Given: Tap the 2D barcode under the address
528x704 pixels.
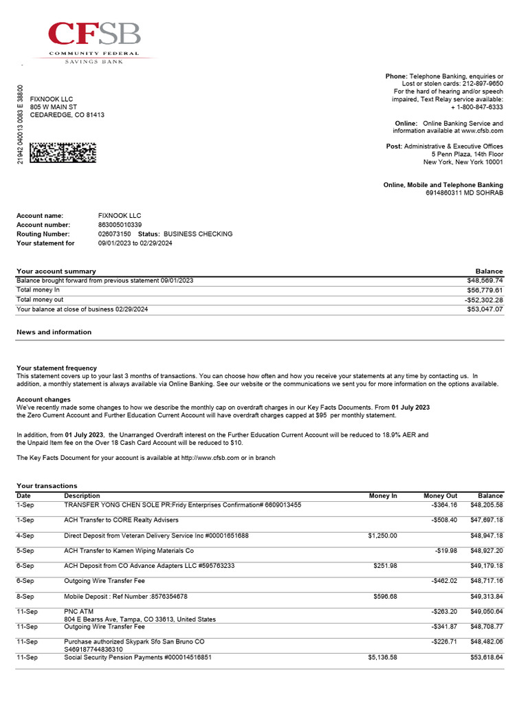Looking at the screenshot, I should (63, 152).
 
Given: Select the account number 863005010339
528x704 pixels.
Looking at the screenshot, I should (120, 225).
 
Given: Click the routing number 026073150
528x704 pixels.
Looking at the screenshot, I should (114, 234).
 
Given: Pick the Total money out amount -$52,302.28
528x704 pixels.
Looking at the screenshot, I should (483, 300).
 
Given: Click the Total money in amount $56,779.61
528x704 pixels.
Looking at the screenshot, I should (485, 290).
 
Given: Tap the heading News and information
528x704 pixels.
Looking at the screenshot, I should (54, 332).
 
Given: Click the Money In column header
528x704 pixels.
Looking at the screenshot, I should (383, 496).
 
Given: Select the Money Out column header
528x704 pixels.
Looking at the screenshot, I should (440, 496).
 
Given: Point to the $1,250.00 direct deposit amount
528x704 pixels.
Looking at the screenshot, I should (382, 536).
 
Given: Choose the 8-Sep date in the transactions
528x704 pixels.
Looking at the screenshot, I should (26, 596).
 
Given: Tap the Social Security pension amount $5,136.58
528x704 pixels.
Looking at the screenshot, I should (382, 658).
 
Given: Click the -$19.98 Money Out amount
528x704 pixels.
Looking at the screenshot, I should (445, 551).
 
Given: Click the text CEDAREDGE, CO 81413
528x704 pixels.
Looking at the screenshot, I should (67, 115).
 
